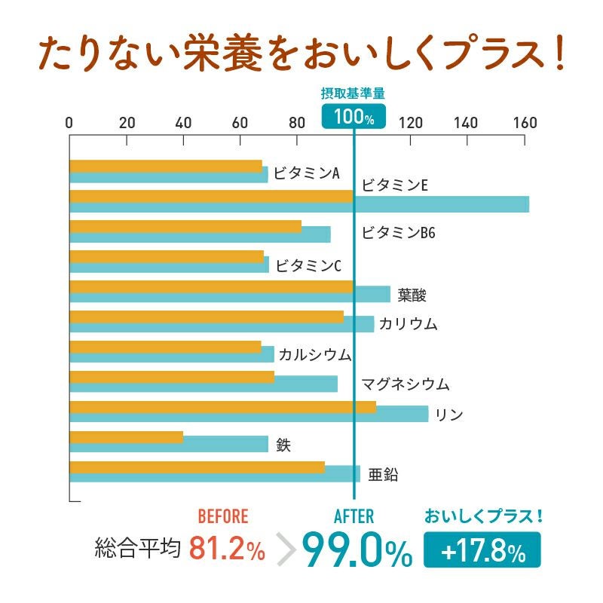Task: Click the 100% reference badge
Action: [354, 116]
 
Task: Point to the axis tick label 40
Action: [183, 123]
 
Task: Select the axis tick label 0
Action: [69, 123]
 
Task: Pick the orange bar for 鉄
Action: [126, 437]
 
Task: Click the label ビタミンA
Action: [307, 173]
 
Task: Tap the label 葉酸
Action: [412, 295]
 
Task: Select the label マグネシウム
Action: [405, 384]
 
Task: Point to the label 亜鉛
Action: [383, 475]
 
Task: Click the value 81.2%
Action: [227, 549]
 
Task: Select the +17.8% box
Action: [482, 552]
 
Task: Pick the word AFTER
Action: [354, 516]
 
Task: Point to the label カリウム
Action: [408, 324]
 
